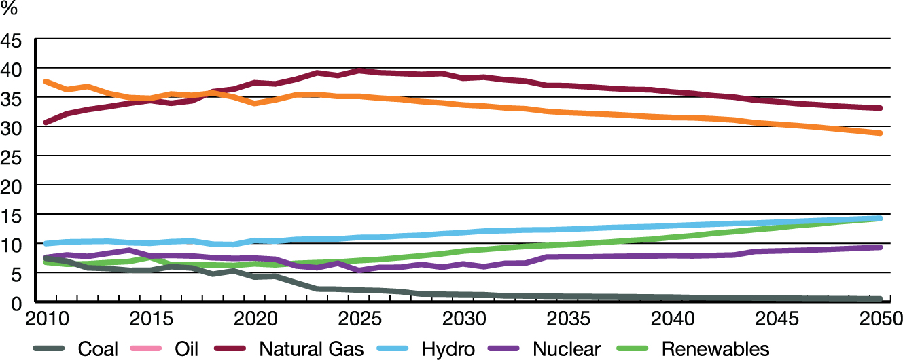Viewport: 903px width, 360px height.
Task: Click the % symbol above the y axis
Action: (9, 10)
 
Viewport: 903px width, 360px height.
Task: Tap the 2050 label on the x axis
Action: (878, 319)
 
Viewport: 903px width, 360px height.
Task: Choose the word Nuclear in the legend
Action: (567, 349)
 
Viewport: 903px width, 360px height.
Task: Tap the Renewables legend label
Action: (715, 349)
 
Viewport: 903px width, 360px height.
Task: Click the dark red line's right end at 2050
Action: (880, 108)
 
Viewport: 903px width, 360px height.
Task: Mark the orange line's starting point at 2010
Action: (45, 82)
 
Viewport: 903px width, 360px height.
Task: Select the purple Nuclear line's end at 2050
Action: (880, 247)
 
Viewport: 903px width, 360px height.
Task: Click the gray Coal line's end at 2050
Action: (880, 299)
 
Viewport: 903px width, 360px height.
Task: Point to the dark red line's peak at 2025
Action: (359, 70)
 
